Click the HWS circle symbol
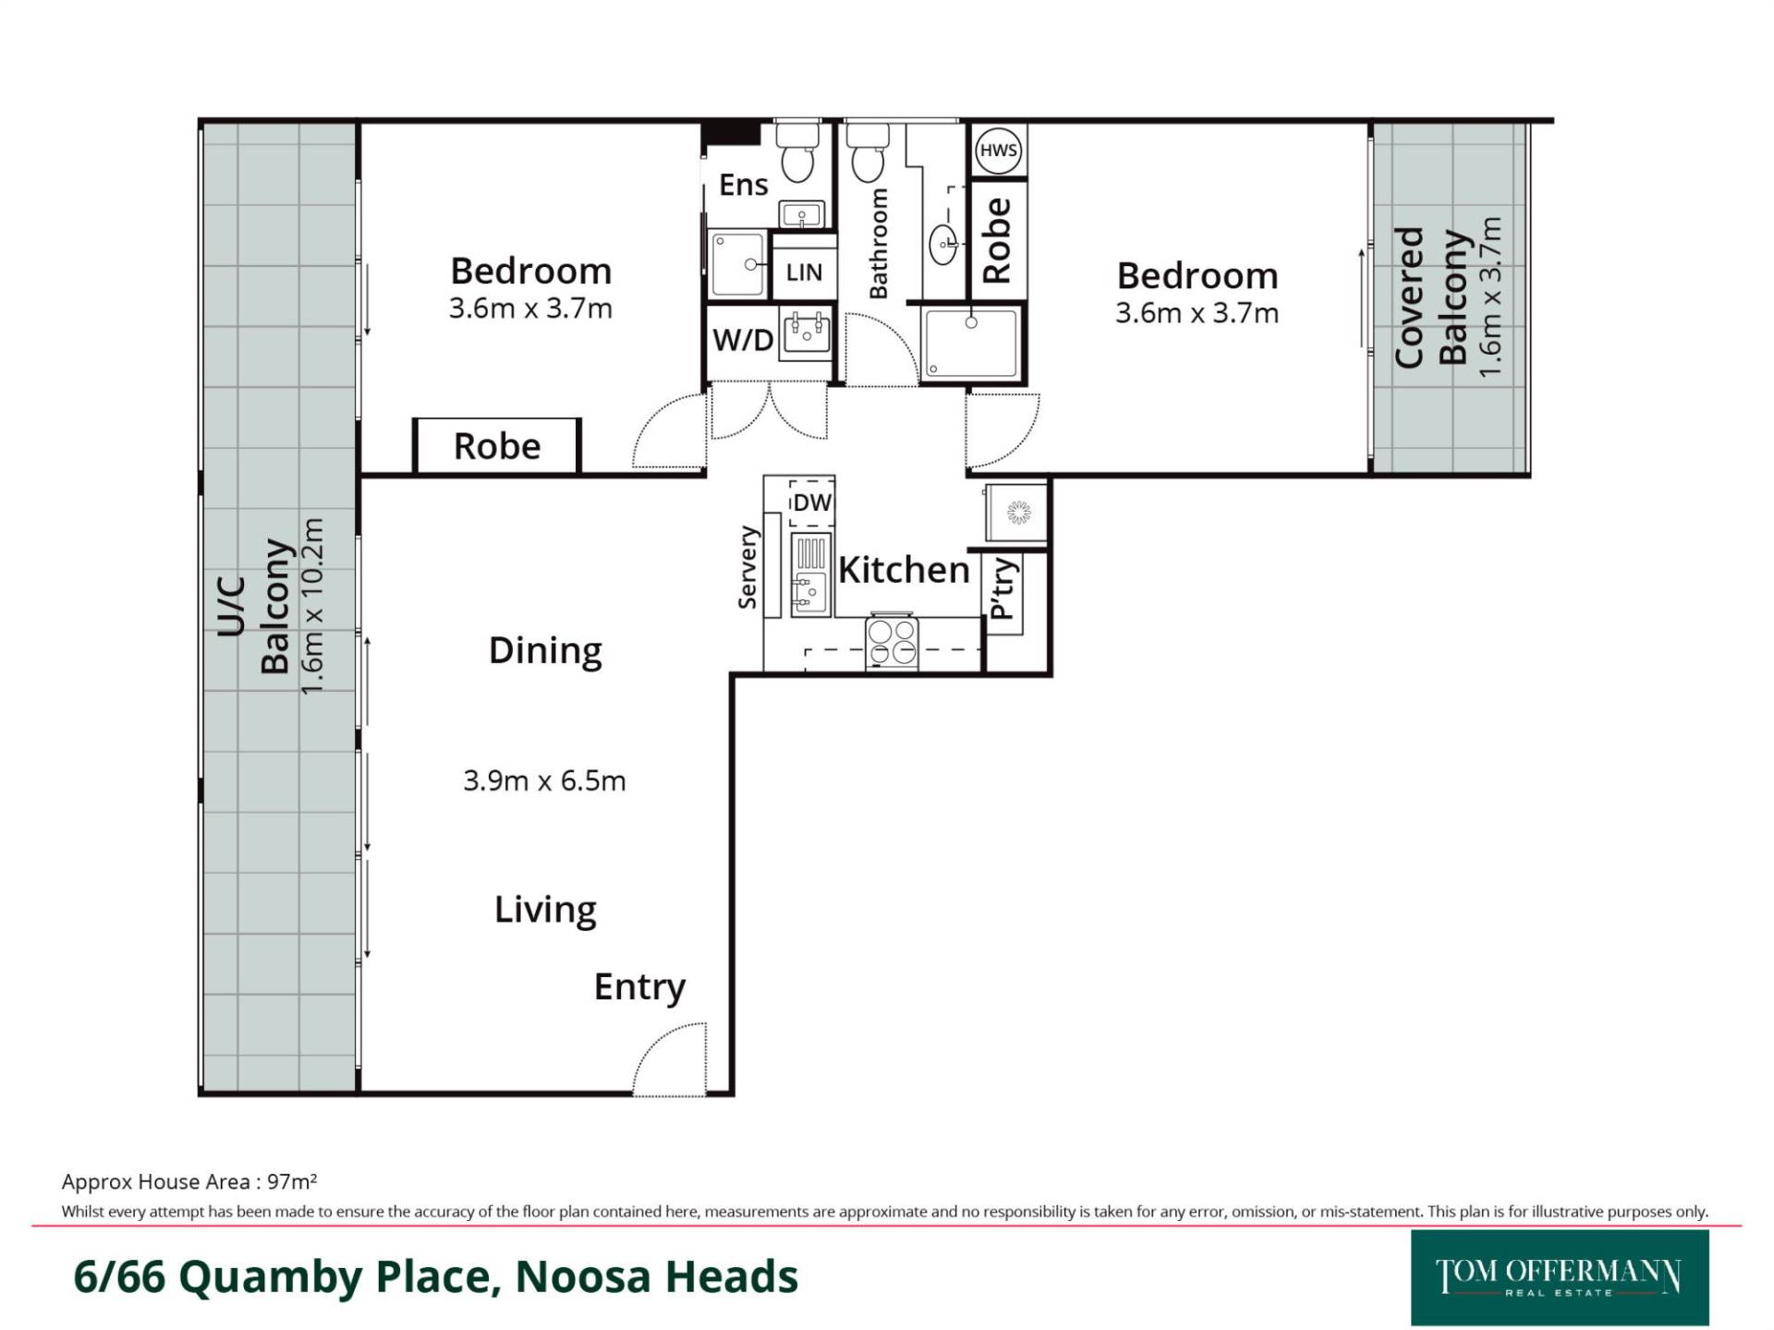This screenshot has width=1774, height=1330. [998, 151]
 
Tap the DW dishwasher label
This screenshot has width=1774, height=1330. [812, 502]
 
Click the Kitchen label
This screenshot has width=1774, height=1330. [904, 570]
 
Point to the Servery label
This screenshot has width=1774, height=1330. [747, 567]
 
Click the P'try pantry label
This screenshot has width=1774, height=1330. [1002, 588]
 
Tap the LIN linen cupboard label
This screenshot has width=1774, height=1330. [804, 272]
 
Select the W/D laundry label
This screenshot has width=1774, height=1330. [743, 340]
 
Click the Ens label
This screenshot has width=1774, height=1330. [744, 185]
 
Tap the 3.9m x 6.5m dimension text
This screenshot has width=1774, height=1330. [544, 780]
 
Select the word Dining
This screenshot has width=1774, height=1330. [545, 651]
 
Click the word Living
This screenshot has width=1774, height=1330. [545, 910]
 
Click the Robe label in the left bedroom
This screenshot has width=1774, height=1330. [497, 447]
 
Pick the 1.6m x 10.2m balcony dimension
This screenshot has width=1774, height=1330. [312, 606]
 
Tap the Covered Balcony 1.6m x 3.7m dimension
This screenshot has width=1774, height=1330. [1490, 296]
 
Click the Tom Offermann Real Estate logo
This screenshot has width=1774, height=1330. [1560, 1277]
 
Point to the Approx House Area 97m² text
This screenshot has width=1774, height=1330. [189, 1181]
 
